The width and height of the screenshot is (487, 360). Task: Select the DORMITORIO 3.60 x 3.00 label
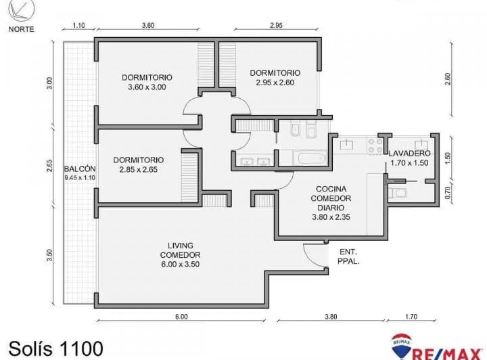[x=147, y=82]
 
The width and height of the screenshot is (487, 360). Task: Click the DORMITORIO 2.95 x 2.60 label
[x=275, y=78]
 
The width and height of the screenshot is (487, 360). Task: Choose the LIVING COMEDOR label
[x=180, y=250]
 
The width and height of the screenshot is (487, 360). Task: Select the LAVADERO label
[x=409, y=158]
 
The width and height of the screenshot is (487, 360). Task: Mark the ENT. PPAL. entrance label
[x=348, y=255]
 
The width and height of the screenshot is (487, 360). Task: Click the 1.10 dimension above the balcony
[x=78, y=26]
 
